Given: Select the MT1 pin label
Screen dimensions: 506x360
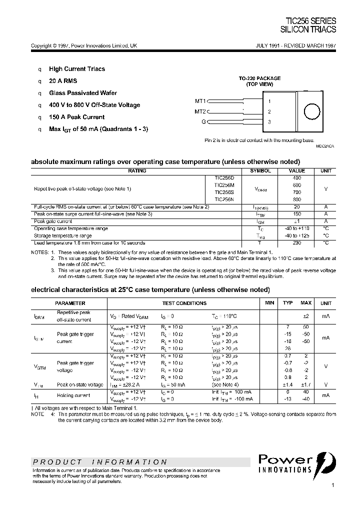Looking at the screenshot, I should tap(200, 101).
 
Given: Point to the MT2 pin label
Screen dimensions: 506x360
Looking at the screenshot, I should tap(200, 111).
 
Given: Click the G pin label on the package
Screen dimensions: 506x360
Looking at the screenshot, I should tap(203, 121).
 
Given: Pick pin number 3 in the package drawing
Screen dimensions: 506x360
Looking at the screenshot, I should tap(269, 121).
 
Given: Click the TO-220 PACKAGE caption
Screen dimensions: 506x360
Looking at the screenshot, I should tap(259, 78).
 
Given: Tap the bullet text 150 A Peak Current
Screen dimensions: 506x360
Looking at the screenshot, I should tap(76, 117).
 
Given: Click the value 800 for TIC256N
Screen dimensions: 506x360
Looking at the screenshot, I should tap(297, 199).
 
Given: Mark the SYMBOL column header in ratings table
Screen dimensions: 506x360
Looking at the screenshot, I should tap(260, 170).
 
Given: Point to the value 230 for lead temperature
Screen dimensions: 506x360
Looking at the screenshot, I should tap(297, 242).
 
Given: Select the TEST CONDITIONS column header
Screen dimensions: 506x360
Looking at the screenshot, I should tap(184, 303).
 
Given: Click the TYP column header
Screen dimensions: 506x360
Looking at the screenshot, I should tap(288, 303).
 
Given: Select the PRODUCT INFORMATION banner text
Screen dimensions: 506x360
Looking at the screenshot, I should tap(100, 462).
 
